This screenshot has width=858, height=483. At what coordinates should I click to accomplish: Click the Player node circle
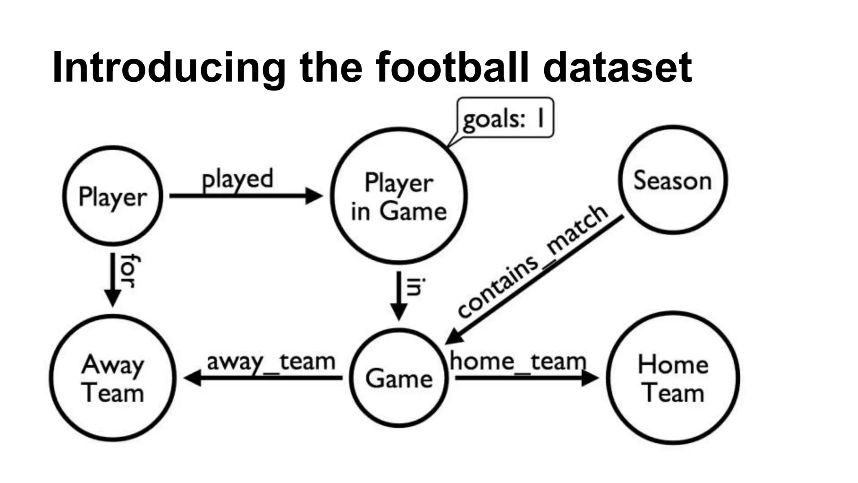click(x=112, y=196)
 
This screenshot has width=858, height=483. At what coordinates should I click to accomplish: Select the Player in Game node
click(x=398, y=196)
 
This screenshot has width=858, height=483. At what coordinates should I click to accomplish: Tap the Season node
click(x=673, y=180)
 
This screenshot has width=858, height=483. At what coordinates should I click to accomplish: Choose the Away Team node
click(x=112, y=378)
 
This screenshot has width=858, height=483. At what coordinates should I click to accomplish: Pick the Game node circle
click(x=398, y=378)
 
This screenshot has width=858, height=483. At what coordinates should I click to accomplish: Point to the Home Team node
click(x=673, y=378)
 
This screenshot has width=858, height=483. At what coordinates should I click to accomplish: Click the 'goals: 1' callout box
click(x=505, y=118)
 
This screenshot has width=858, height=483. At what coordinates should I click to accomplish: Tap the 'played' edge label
click(x=238, y=179)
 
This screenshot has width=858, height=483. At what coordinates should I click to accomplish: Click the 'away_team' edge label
click(x=271, y=362)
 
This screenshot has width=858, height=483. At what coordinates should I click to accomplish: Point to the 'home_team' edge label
click(x=518, y=361)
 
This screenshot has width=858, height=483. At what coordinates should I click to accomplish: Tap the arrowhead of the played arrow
click(x=314, y=196)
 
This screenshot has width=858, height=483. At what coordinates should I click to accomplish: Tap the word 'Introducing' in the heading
click(x=169, y=67)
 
